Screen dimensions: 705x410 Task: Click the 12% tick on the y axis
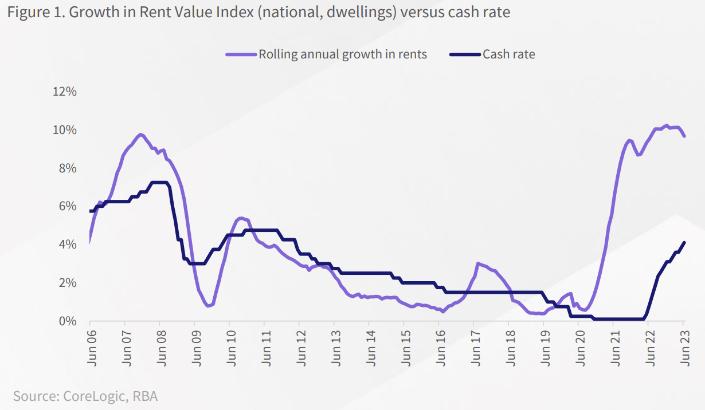[64, 92]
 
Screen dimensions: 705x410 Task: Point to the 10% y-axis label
[64, 130]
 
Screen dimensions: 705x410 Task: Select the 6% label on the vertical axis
[67, 206]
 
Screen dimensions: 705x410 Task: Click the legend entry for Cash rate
[508, 54]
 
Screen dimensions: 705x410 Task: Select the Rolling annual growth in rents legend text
[343, 54]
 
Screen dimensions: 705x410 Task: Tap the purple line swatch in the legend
[241, 54]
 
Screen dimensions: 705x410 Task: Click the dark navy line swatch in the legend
[464, 54]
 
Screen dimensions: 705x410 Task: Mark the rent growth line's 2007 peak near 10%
[140, 134]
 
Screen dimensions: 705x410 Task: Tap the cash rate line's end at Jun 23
[684, 242]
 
